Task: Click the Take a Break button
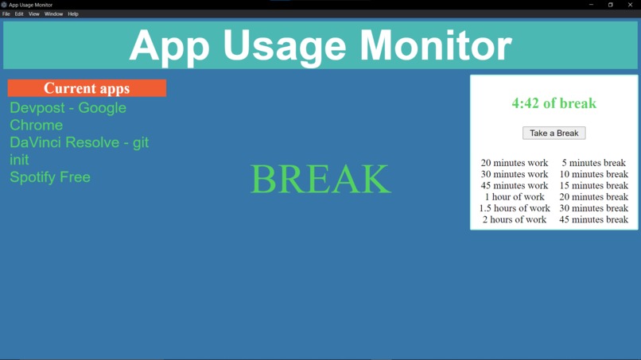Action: click(x=554, y=133)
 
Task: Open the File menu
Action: click(x=6, y=14)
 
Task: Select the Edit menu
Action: click(x=19, y=14)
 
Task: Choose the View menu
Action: click(x=34, y=14)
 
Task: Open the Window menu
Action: click(x=53, y=14)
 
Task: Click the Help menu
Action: click(x=73, y=14)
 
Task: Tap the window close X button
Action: click(x=630, y=5)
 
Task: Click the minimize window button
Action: click(x=591, y=5)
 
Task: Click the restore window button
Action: click(x=611, y=5)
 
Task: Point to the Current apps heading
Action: click(x=87, y=88)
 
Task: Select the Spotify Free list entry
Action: click(x=50, y=177)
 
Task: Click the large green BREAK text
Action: click(x=320, y=180)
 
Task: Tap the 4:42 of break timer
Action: click(x=554, y=103)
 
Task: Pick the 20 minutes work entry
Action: click(x=515, y=163)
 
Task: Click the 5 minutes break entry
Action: click(x=593, y=163)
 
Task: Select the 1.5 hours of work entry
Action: click(x=515, y=208)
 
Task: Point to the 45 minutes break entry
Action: click(x=593, y=219)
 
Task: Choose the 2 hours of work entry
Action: click(x=515, y=219)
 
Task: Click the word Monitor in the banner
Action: click(x=436, y=46)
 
